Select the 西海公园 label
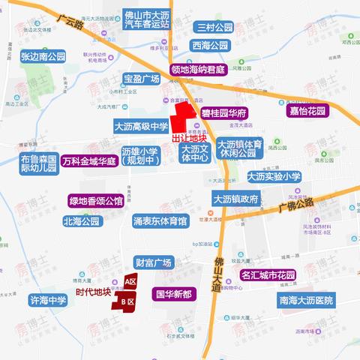coord(209,45)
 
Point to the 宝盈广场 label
coord(142,79)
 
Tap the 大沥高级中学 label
coord(141,127)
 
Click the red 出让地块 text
coord(188,139)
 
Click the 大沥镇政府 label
coord(235,199)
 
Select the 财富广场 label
coord(154,262)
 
